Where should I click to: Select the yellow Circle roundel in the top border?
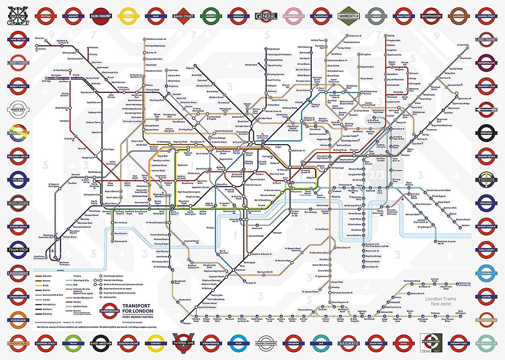click(x=128, y=16)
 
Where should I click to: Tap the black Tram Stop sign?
click(x=18, y=250)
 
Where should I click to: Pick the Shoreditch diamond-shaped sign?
click(x=349, y=16)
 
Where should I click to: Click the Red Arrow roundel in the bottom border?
click(x=101, y=343)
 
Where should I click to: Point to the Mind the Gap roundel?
click(x=18, y=39)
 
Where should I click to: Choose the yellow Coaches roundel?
click(x=156, y=343)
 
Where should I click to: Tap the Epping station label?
click(x=391, y=36)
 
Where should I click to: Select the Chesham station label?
click(x=39, y=38)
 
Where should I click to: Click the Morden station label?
click(x=187, y=323)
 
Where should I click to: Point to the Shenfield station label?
click(x=464, y=45)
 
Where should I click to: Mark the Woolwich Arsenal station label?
click(x=446, y=242)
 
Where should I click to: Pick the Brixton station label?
click(x=249, y=283)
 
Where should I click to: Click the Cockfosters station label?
click(x=304, y=47)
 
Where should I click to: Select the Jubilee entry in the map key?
click(x=46, y=299)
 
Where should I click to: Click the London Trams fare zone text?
click(x=441, y=301)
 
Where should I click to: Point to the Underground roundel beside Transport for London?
click(x=110, y=311)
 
